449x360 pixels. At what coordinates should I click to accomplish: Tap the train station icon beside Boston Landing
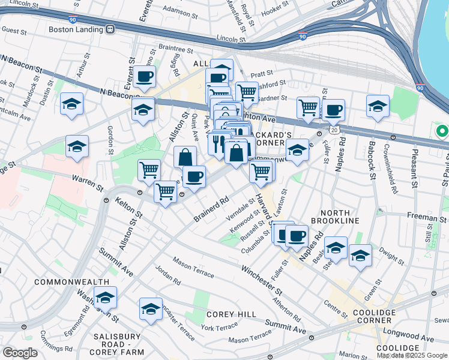click(110, 29)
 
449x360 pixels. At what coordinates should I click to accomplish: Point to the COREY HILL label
click(231, 314)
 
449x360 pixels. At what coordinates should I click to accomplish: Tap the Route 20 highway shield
click(334, 130)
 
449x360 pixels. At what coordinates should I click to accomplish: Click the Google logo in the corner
click(20, 353)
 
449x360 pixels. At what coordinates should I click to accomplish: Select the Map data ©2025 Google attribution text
click(412, 355)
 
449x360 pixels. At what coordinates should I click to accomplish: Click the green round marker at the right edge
click(442, 131)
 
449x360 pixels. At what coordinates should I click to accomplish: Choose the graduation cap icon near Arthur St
click(71, 104)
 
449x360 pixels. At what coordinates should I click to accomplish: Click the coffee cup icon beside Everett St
click(144, 77)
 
